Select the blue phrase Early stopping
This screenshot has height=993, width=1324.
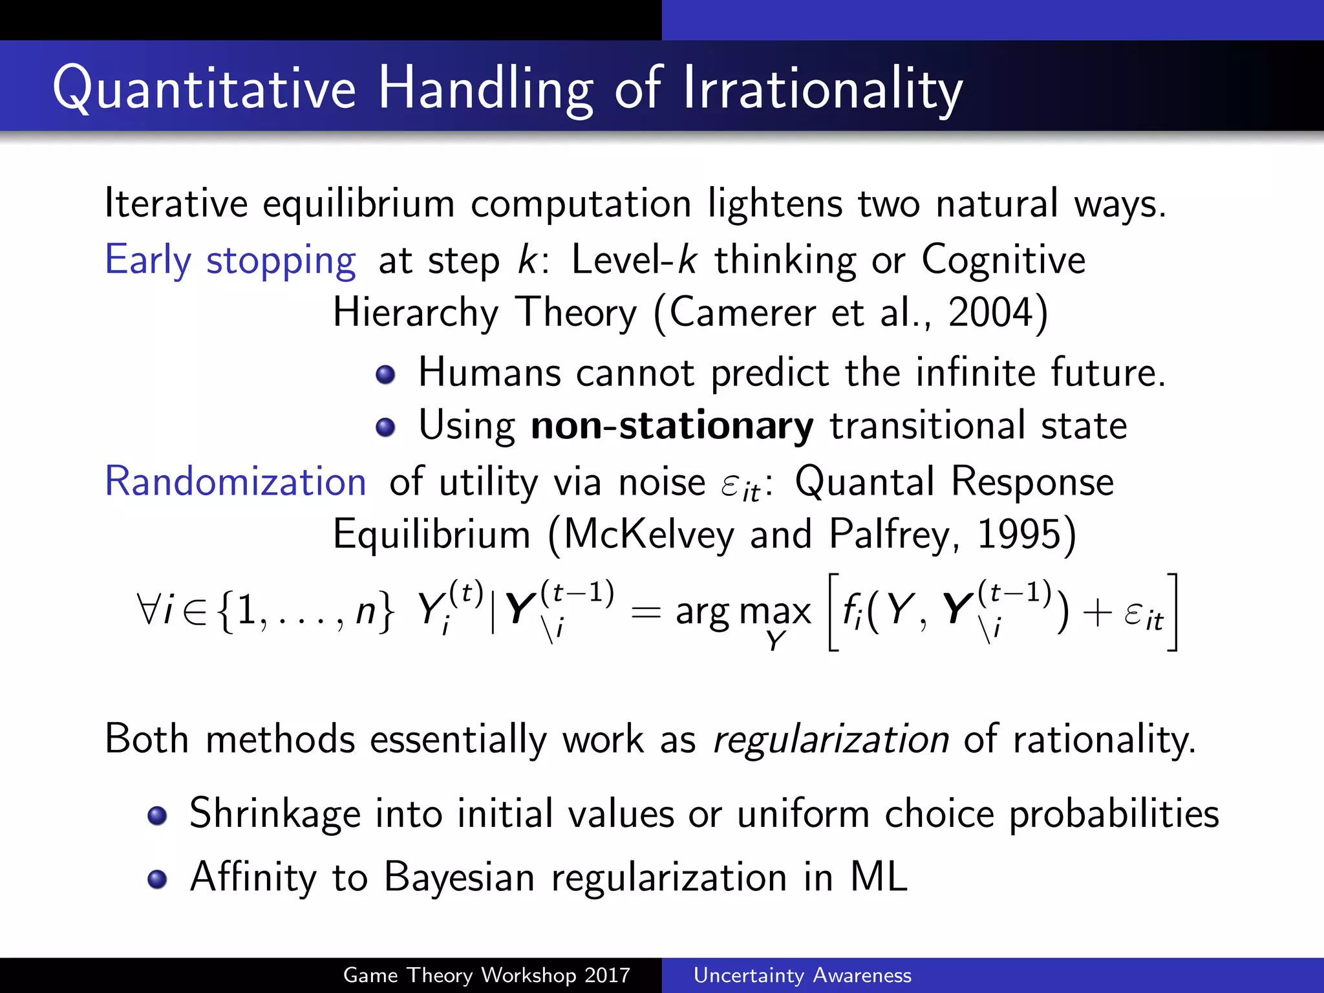(x=230, y=261)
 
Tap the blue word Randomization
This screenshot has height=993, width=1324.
(x=235, y=482)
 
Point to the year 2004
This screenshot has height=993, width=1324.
(x=990, y=313)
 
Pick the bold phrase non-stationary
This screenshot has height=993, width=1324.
(x=672, y=426)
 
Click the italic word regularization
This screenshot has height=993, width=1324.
(x=830, y=740)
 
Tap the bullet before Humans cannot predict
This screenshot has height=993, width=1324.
(x=385, y=374)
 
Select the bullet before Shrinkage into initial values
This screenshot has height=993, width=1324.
(x=157, y=815)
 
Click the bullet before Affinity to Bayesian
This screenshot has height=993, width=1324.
(x=157, y=879)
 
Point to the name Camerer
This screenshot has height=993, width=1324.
(x=742, y=313)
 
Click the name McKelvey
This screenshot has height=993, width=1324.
(x=649, y=535)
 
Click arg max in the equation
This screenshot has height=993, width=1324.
(x=743, y=612)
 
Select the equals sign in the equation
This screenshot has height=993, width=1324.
(x=645, y=612)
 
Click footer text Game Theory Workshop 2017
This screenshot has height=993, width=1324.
(x=486, y=975)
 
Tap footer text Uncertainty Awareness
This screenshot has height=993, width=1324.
(x=802, y=975)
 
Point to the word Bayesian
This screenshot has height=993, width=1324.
(x=459, y=879)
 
